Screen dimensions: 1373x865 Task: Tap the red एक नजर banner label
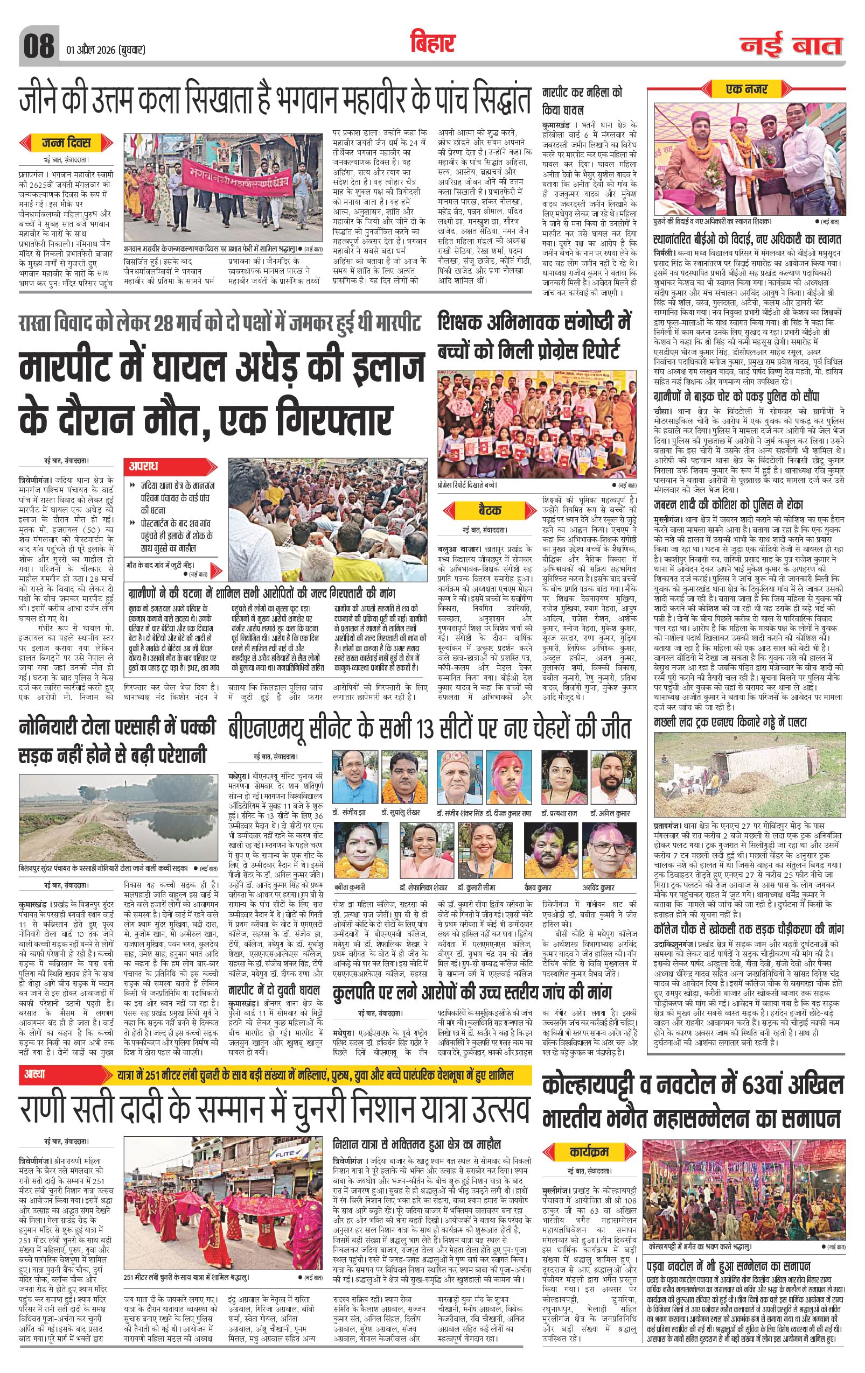coord(747,89)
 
